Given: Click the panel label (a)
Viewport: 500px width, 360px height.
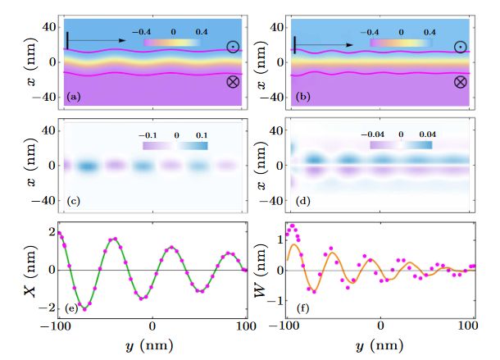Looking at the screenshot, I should coord(73,98).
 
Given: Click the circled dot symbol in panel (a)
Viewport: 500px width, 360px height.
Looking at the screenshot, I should coord(234,47).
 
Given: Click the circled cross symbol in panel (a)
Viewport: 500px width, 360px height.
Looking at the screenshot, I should coord(234,82).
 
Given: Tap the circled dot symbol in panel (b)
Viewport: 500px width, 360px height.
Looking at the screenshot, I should coord(461,47).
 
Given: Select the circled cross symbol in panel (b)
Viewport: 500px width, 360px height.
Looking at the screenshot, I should coord(461,82).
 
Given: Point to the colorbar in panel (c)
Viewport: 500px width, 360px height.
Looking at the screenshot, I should coord(175,144).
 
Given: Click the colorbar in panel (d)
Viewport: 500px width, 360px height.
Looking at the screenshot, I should coord(402,144).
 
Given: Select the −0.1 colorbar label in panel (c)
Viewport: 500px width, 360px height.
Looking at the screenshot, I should coord(148,133).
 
